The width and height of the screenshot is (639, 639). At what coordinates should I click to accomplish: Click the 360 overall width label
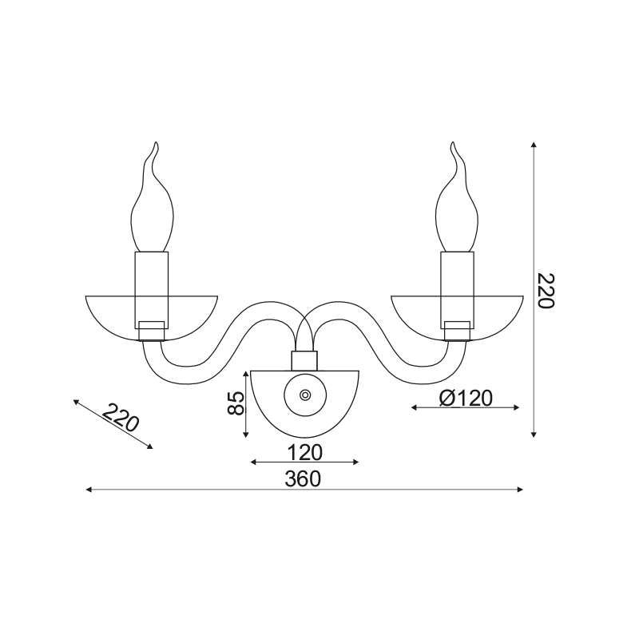coord(303,478)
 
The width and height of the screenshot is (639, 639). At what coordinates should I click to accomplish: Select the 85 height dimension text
coord(236,403)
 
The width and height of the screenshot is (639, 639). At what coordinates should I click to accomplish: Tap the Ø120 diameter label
coord(466,398)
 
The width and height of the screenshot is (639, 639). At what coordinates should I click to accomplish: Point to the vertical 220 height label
coord(546,291)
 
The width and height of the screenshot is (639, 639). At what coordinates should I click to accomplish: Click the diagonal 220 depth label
coord(121,418)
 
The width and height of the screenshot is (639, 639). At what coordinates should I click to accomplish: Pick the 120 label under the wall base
coord(305,452)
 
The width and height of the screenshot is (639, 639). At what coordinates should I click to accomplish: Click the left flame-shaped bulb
coord(153,196)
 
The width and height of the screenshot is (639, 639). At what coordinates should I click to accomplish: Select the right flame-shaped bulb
coord(457,196)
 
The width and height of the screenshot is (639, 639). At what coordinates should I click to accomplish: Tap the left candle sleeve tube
coord(151,290)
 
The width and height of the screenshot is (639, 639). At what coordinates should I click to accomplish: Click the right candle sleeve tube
coord(457,290)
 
